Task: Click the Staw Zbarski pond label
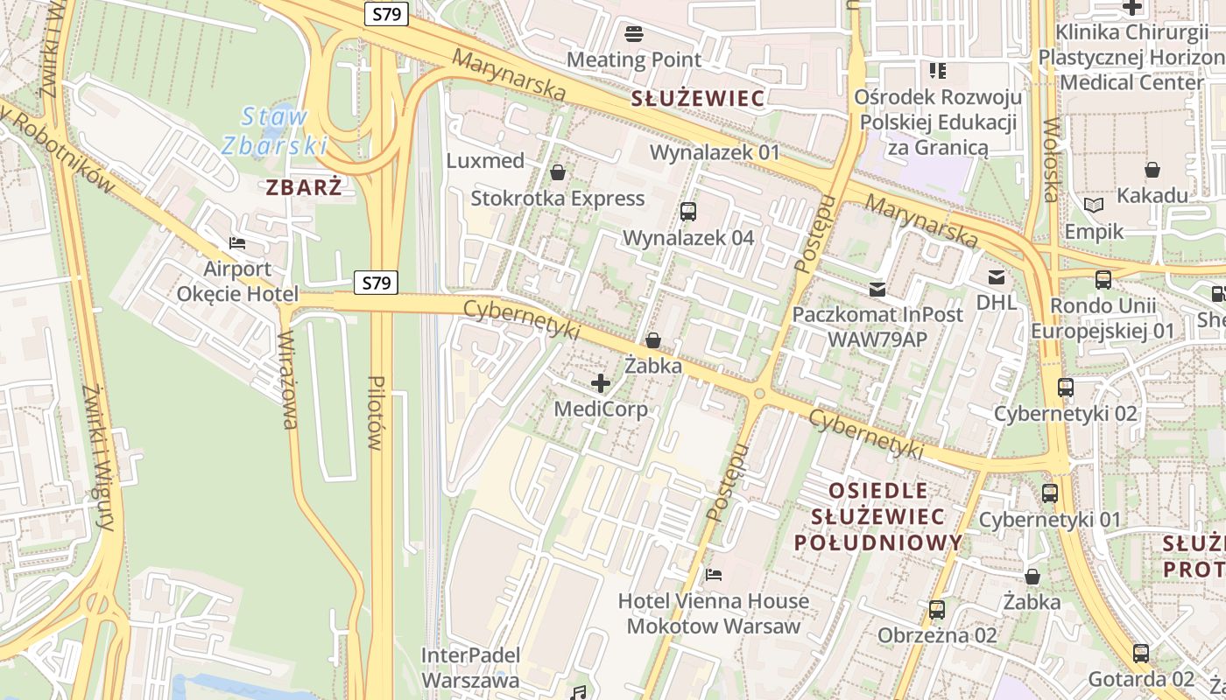tap(274, 130)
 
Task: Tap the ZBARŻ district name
tap(304, 186)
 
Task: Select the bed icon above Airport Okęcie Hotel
tap(236, 243)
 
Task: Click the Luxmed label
tap(485, 161)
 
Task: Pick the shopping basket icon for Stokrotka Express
tap(557, 172)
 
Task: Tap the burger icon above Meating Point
tap(634, 34)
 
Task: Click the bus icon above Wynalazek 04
tap(688, 212)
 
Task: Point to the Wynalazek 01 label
tap(715, 152)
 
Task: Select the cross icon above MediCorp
tap(601, 383)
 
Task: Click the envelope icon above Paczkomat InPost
tap(877, 289)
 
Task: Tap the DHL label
tap(997, 303)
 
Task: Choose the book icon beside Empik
tap(1094, 205)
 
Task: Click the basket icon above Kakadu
tap(1152, 170)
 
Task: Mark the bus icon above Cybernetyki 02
tap(1066, 388)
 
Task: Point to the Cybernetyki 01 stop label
tap(1049, 520)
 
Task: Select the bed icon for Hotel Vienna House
tap(714, 575)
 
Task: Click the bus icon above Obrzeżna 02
tap(937, 610)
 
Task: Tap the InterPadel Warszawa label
tap(470, 668)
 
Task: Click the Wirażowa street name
tap(288, 381)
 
